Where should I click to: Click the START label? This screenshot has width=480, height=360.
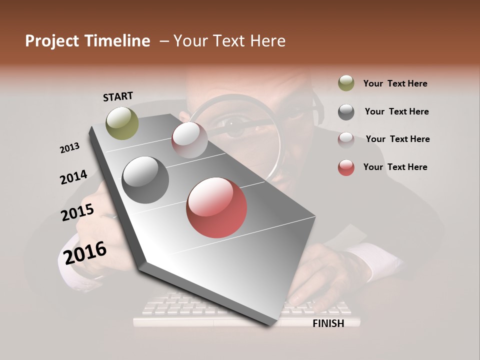tap(118, 96)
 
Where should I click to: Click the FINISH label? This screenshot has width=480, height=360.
tap(328, 323)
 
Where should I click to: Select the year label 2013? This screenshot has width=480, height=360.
tap(69, 147)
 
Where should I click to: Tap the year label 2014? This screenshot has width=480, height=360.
tap(73, 177)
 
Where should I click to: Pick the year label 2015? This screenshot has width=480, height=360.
tap(77, 212)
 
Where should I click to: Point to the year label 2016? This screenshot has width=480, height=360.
tap(85, 252)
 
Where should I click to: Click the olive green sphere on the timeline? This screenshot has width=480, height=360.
tap(122, 123)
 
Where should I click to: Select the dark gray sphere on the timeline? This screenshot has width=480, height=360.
tap(145, 180)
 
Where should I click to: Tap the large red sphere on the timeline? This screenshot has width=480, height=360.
tap(216, 207)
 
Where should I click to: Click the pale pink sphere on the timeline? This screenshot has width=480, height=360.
tap(189, 139)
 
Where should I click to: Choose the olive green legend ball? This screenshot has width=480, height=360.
tap(346, 83)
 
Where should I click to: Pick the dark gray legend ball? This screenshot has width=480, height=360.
tap(346, 112)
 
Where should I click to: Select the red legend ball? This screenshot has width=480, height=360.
tap(346, 167)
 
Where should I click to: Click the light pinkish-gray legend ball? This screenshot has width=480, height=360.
tap(346, 139)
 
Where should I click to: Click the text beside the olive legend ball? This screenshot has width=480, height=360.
tap(395, 84)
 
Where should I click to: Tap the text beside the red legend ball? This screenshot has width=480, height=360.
tap(395, 167)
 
